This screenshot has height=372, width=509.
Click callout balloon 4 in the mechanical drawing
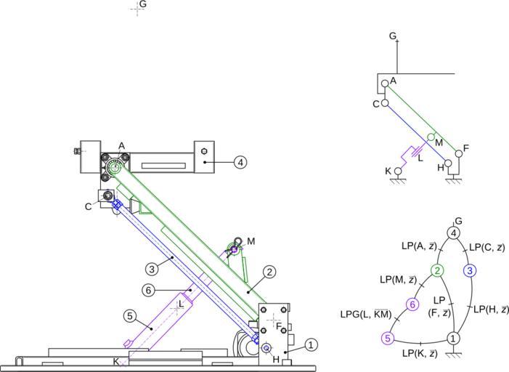240,162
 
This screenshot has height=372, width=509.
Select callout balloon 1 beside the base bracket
310,345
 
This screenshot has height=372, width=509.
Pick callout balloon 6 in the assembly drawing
148,291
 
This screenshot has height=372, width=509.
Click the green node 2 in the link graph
437,271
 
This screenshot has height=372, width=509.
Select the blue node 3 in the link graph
470,271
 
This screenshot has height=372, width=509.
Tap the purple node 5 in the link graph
388,338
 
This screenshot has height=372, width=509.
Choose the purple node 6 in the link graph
412,304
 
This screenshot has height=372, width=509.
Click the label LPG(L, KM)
366,315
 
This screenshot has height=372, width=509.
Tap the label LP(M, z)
398,279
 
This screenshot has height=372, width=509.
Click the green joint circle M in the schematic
430,137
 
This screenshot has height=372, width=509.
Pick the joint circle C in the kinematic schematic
385,103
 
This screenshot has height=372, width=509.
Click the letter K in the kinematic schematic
388,171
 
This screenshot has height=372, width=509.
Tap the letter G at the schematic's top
393,36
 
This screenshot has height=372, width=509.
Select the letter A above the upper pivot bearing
122,146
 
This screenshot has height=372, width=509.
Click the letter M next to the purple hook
251,240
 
